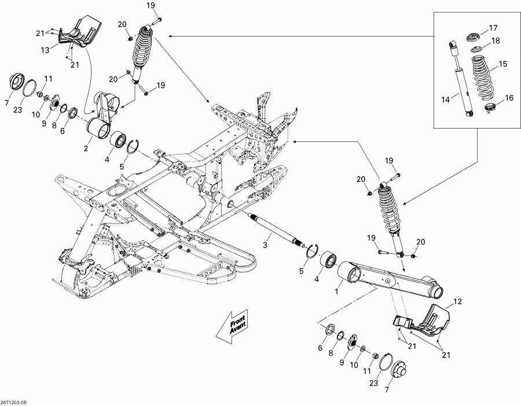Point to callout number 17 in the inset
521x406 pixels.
493,28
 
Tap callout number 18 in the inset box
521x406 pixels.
496,41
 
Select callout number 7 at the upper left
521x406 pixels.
7,103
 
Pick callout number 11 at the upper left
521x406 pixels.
48,79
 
